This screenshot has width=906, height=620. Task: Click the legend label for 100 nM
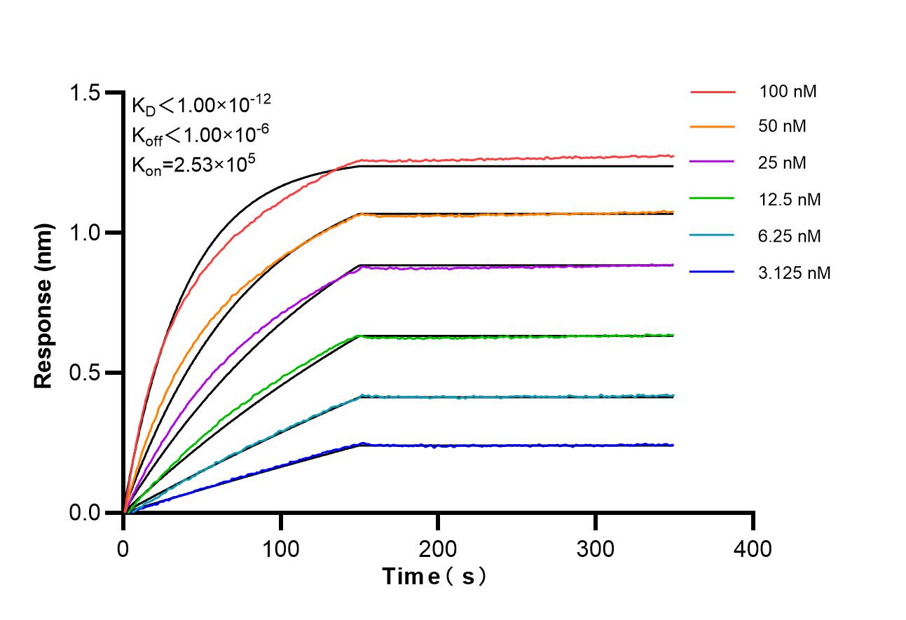(x=788, y=91)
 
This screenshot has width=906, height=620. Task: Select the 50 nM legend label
(x=783, y=127)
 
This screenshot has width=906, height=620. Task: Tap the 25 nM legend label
(x=783, y=163)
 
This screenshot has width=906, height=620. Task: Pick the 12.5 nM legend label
(x=790, y=200)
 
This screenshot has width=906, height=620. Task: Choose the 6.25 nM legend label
(x=790, y=236)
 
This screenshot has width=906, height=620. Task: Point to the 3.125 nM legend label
(x=795, y=273)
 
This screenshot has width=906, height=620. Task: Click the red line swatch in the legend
(x=713, y=92)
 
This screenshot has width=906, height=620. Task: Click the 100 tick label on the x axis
(x=281, y=548)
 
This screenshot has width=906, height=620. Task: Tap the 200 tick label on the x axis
(x=438, y=548)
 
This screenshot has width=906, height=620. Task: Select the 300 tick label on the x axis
(x=596, y=548)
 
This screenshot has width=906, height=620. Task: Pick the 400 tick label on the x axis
(x=753, y=548)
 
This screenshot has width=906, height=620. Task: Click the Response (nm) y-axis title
(x=43, y=306)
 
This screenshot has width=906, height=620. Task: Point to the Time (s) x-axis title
(x=434, y=577)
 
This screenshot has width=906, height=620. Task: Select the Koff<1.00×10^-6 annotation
(x=200, y=134)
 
